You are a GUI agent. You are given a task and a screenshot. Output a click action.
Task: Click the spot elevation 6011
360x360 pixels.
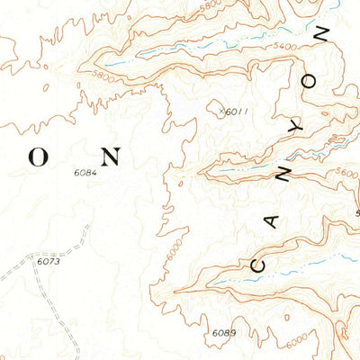click(x=235, y=112)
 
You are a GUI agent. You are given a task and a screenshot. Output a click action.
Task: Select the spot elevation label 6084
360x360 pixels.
click(x=86, y=173)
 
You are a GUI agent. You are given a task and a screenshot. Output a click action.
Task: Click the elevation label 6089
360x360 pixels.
click(x=224, y=333)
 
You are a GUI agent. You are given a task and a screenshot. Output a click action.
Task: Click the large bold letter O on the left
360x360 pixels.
click(x=40, y=157)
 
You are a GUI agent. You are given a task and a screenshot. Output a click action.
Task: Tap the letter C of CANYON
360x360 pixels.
click(x=259, y=265)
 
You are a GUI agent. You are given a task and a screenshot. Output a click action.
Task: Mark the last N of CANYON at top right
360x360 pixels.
click(x=324, y=36)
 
